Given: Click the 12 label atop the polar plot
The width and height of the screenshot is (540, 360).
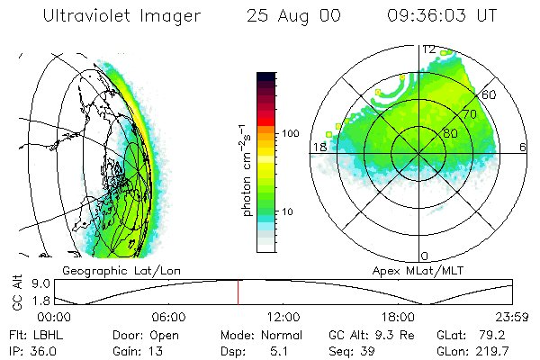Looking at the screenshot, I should (x=429, y=49).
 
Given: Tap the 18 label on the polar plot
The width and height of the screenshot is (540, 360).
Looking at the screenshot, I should (x=319, y=148).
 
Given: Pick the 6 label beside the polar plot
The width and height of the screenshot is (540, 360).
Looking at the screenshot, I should (x=523, y=148).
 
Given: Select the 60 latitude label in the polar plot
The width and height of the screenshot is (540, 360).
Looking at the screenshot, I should (x=490, y=94).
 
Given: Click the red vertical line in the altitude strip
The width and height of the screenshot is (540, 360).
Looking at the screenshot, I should (x=238, y=292).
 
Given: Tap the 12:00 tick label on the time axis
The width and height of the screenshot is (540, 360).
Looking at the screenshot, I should (x=284, y=317).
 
